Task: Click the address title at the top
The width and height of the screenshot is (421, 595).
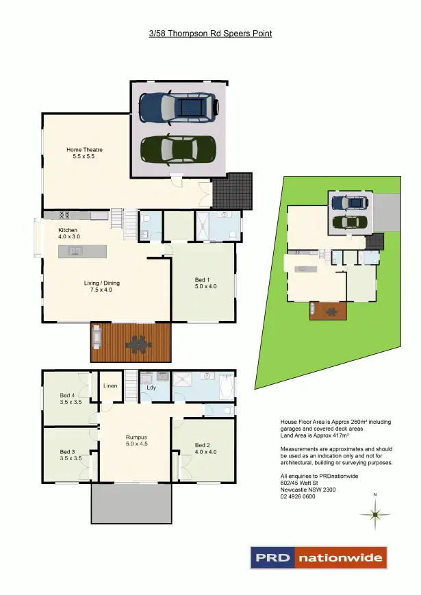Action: [210, 32]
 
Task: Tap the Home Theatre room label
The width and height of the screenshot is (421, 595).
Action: [84, 153]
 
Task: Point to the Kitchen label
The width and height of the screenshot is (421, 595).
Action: [68, 233]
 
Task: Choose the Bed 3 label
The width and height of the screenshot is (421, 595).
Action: [70, 455]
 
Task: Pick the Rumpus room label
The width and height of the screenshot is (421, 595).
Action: [136, 440]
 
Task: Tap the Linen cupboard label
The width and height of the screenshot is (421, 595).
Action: [111, 386]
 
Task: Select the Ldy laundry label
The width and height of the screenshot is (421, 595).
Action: [151, 388]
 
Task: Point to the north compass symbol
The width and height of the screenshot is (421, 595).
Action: [374, 513]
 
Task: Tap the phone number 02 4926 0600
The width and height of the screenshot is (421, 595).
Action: [298, 497]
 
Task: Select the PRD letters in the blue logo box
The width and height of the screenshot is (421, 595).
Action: [272, 558]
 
